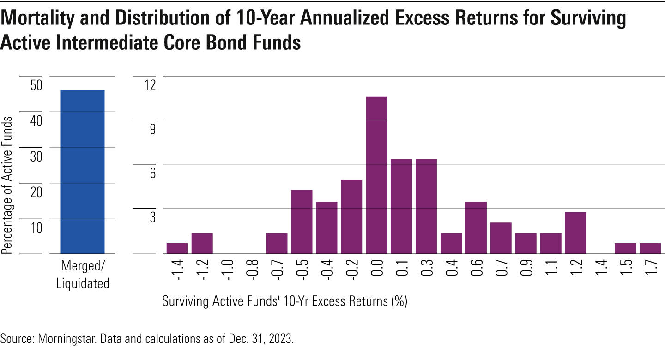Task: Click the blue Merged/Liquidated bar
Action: (x=83, y=172)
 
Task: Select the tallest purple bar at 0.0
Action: (x=376, y=175)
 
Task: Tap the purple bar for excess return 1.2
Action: (x=575, y=233)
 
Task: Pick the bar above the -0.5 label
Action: (x=302, y=222)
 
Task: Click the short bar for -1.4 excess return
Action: (x=177, y=248)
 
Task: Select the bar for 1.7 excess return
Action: (x=650, y=248)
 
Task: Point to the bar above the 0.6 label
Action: (x=476, y=228)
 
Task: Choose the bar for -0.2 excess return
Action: (x=351, y=217)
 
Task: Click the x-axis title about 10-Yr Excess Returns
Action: (x=284, y=302)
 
